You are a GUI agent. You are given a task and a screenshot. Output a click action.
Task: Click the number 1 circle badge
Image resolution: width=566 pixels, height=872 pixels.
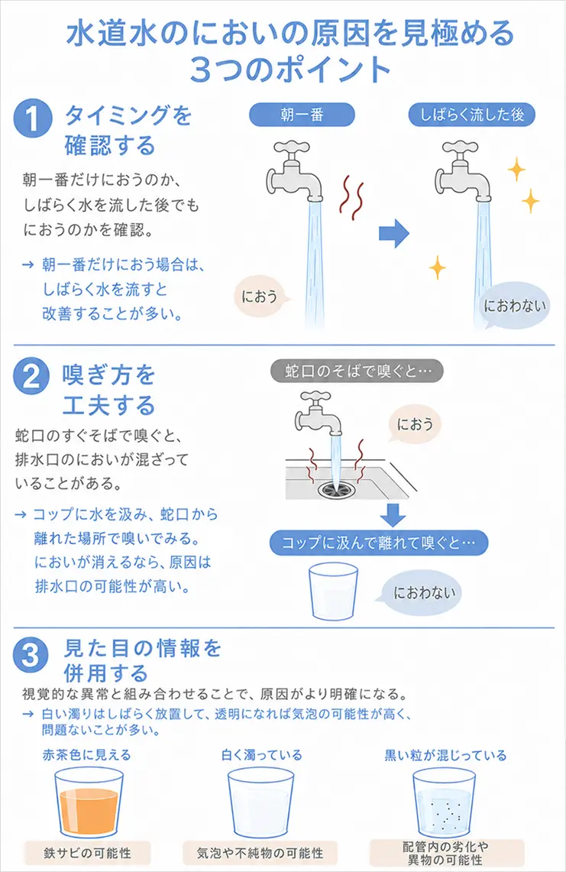(x=32, y=118)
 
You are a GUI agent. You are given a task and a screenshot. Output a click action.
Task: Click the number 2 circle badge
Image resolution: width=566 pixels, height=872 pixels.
(x=31, y=376)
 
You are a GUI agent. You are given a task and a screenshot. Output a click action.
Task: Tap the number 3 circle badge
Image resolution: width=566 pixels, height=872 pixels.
(x=31, y=653)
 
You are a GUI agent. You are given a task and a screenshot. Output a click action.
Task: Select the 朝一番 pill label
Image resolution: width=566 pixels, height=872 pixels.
(x=302, y=115)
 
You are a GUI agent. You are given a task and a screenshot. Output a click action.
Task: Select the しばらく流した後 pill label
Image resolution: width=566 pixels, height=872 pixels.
(x=471, y=115)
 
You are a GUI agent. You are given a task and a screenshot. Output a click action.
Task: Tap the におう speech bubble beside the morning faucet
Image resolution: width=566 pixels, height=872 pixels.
(x=262, y=297)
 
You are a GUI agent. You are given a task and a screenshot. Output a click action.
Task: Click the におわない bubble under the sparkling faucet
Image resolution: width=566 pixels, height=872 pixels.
(x=514, y=305)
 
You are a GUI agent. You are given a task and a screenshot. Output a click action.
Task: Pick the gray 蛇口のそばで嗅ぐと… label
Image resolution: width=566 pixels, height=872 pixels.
(x=357, y=371)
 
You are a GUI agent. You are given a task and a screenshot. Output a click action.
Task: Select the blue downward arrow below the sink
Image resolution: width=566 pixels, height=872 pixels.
(x=393, y=515)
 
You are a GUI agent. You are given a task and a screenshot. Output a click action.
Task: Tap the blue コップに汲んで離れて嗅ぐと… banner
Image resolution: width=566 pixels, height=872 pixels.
(x=379, y=543)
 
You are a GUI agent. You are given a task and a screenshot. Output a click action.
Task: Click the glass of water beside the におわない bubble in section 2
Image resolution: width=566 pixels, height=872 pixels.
(x=333, y=591)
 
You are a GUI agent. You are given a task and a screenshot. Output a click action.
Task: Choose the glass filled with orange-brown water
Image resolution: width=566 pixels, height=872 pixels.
(x=89, y=802)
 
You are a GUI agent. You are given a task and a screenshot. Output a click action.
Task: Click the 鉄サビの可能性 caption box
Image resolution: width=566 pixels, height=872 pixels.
(x=87, y=853)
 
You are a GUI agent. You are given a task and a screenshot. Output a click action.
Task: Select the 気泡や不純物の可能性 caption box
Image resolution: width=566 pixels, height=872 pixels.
(x=260, y=853)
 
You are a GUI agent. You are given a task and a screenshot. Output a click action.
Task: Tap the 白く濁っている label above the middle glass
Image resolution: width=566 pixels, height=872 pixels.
(x=261, y=754)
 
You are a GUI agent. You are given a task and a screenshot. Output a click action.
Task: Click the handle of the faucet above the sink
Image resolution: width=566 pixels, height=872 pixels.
(x=315, y=397)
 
